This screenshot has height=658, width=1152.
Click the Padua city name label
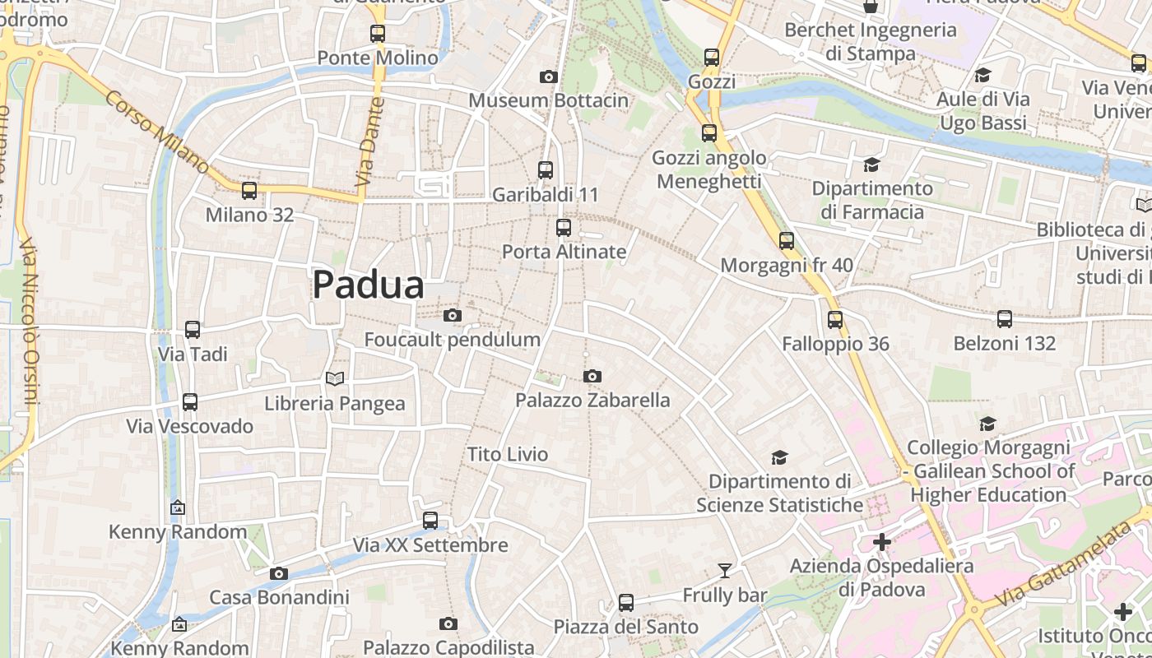tap(368, 285)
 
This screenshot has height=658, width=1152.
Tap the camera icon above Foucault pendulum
tap(452, 315)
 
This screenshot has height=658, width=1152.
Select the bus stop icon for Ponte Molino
tap(378, 34)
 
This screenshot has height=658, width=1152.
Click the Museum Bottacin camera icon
tap(548, 76)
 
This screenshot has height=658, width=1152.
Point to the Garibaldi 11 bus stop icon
tap(545, 170)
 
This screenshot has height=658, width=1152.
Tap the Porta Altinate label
tap(564, 252)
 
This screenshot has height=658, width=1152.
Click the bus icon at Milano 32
tap(249, 191)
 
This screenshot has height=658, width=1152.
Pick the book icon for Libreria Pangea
tap(334, 378)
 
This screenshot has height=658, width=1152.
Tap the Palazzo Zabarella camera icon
tap(592, 376)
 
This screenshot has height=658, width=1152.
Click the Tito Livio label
tap(508, 454)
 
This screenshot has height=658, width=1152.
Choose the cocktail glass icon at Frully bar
tap(724, 570)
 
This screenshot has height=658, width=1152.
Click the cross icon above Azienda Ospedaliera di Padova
tap(881, 542)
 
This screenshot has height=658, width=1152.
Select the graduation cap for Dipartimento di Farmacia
tap(871, 164)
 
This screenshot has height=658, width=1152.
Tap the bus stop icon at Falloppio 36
tap(835, 319)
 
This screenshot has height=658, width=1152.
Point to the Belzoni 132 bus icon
tap(1004, 319)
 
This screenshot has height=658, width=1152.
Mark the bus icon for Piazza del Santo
tap(626, 603)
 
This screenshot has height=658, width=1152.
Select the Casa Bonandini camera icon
tap(279, 573)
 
